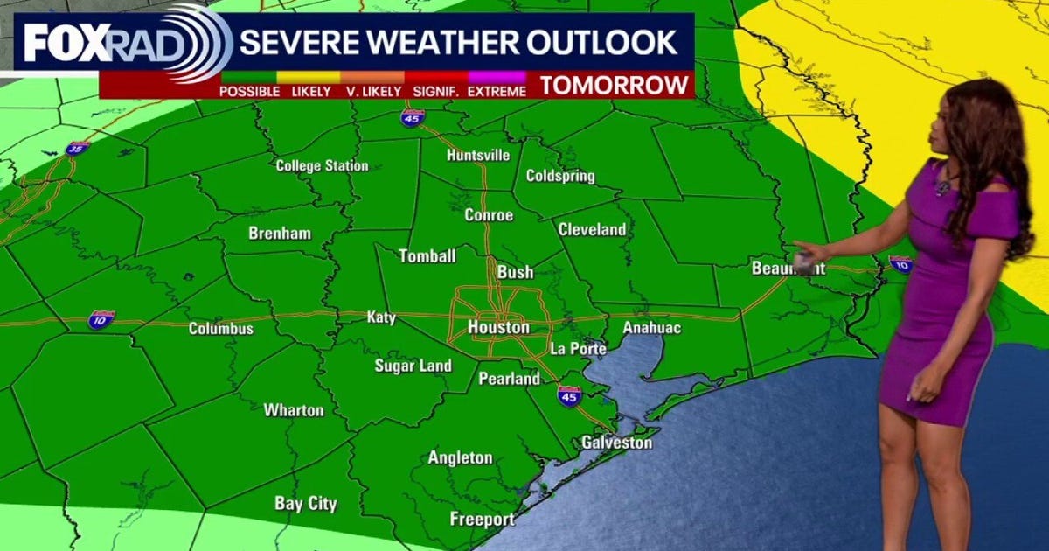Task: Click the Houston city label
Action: click(x=498, y=328)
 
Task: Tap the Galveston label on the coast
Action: click(x=617, y=443)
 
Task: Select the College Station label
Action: click(x=322, y=166)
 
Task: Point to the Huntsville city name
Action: click(x=477, y=156)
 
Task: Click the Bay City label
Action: click(x=305, y=504)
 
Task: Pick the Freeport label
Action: click(x=482, y=520)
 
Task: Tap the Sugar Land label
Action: click(x=413, y=366)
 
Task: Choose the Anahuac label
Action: click(x=651, y=328)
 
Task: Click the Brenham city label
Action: click(x=280, y=234)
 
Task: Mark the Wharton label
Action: click(x=294, y=410)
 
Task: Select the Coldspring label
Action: click(x=560, y=176)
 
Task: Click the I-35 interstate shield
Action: click(x=78, y=149)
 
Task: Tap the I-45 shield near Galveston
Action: click(x=569, y=395)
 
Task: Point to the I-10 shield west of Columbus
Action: click(x=101, y=319)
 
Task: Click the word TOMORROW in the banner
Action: click(x=615, y=85)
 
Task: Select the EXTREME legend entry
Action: click(x=497, y=91)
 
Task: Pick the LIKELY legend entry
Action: click(x=311, y=91)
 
